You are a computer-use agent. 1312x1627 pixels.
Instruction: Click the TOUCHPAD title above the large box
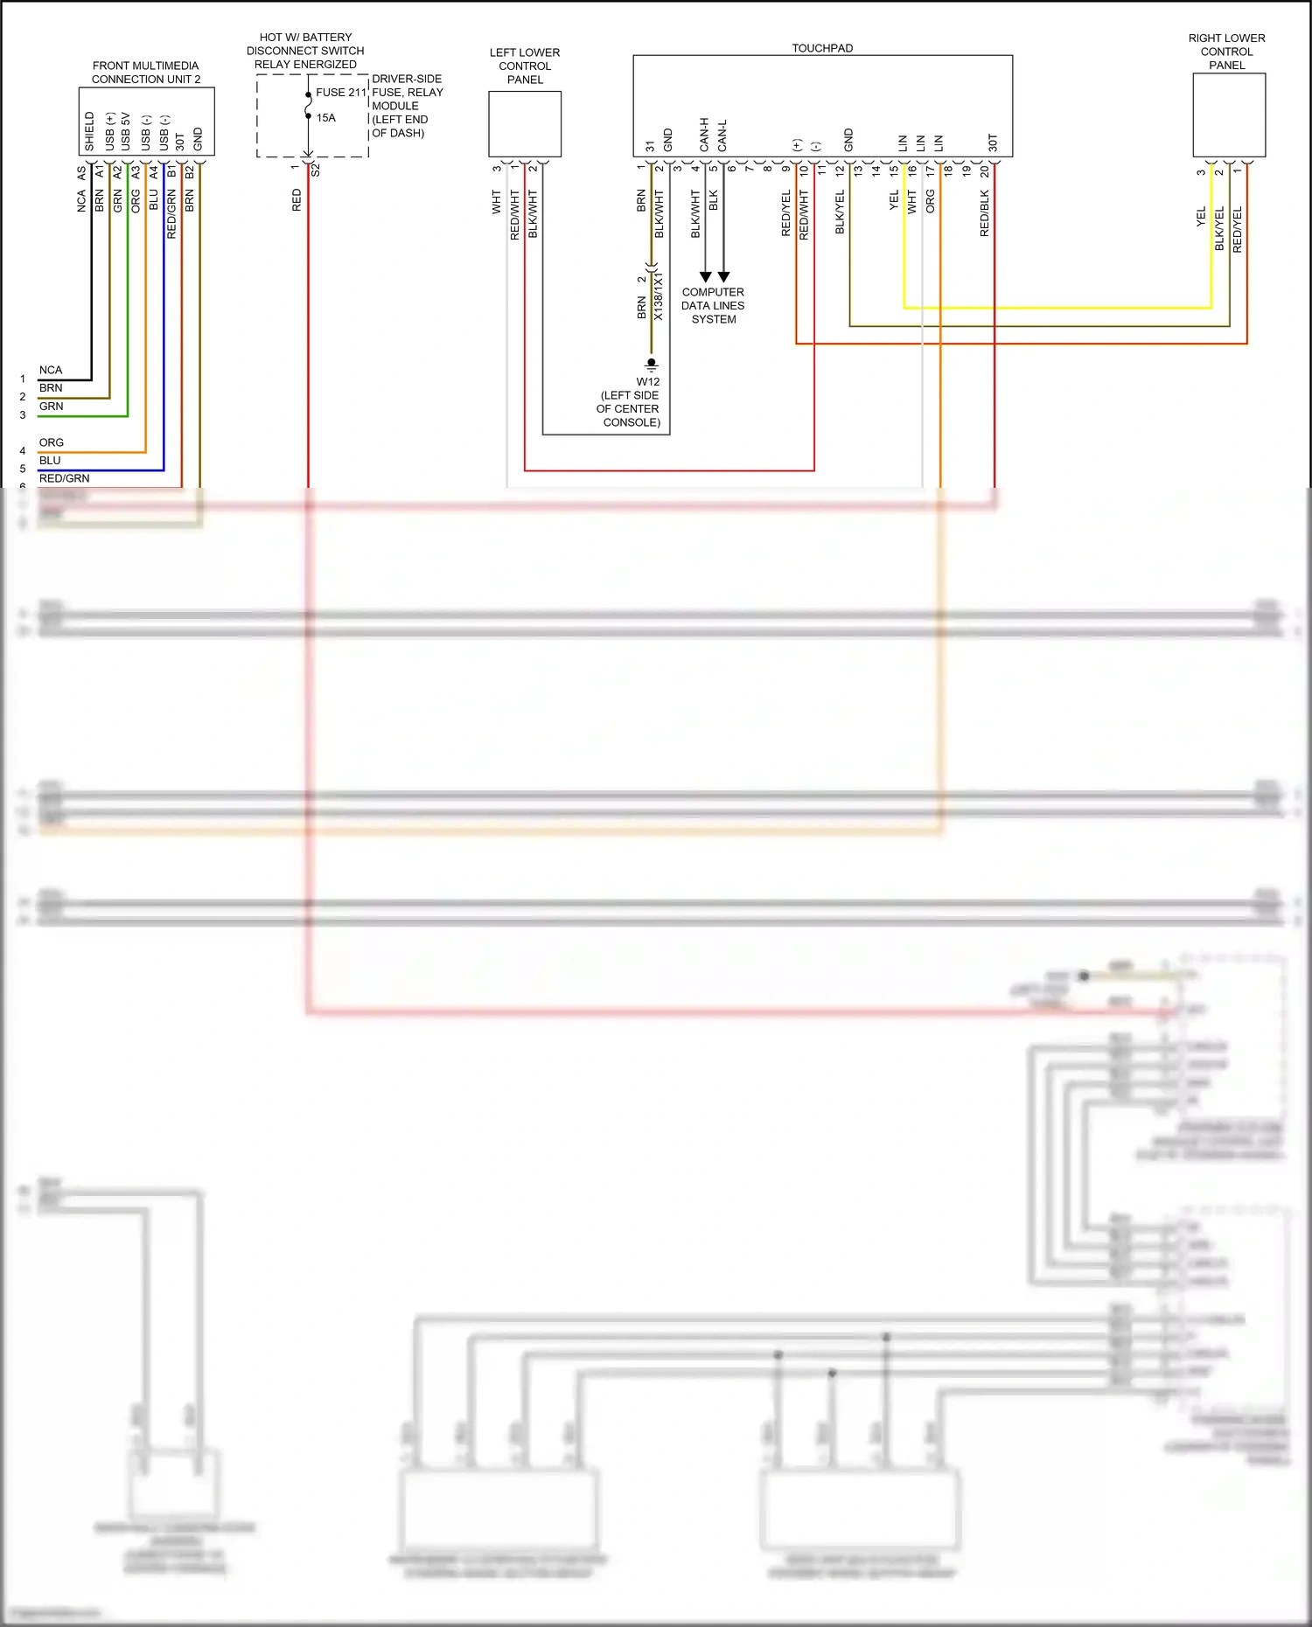[x=822, y=48]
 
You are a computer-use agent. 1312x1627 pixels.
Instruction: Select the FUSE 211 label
[x=341, y=92]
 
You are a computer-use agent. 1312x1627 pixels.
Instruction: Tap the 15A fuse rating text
[x=326, y=117]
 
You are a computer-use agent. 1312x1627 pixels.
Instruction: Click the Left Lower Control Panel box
[x=525, y=124]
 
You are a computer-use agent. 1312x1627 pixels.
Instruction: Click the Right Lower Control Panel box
[x=1229, y=115]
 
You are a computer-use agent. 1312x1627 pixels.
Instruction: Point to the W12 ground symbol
[x=651, y=364]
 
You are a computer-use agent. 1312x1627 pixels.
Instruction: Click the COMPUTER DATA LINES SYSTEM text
[x=713, y=305]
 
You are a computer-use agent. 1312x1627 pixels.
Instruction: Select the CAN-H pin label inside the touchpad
[x=704, y=135]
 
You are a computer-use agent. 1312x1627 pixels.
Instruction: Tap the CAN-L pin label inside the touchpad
[x=722, y=136]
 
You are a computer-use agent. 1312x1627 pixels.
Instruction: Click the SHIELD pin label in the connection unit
[x=89, y=131]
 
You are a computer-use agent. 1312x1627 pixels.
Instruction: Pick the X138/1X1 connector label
[x=659, y=296]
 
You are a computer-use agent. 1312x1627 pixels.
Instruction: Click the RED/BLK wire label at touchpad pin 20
[x=985, y=212]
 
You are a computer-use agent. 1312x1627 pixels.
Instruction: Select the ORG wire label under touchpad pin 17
[x=931, y=201]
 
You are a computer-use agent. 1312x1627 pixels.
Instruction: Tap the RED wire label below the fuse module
[x=297, y=199]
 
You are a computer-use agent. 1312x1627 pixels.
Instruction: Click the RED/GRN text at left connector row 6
[x=64, y=478]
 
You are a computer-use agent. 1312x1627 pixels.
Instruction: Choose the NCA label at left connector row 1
[x=51, y=370]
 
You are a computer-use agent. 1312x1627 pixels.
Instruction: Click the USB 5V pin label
[x=126, y=131]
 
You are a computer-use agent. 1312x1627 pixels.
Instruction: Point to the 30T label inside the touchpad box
[x=993, y=143]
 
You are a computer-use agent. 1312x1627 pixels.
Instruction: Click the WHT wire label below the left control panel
[x=497, y=201]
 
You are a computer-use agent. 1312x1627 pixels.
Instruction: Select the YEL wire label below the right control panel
[x=1201, y=217]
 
